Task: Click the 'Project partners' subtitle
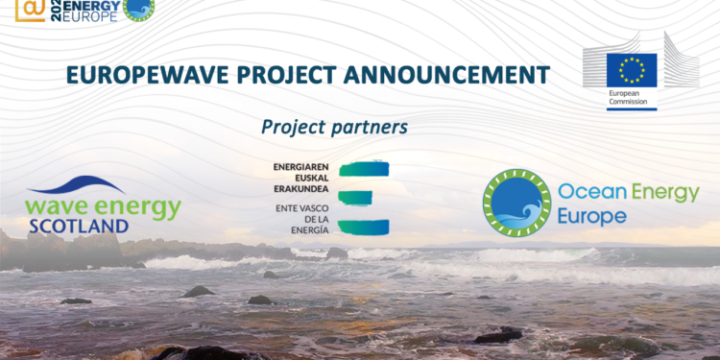334,127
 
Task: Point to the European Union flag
631,70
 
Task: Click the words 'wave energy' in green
104,206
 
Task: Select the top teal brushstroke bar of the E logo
364,168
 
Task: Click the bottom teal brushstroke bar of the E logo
364,227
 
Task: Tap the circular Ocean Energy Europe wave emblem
516,203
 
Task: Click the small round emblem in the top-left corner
139,9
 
